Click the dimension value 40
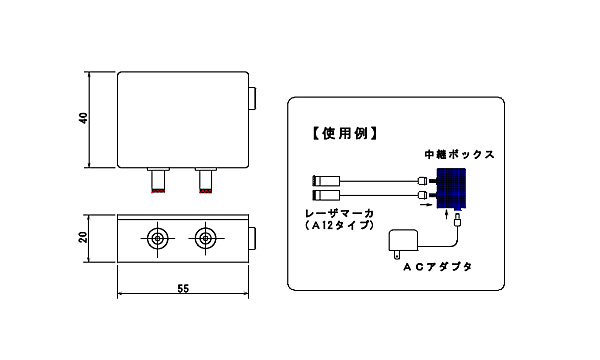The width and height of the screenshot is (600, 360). click(x=84, y=118)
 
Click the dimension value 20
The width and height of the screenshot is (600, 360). click(x=83, y=237)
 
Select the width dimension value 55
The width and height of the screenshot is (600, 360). click(x=183, y=289)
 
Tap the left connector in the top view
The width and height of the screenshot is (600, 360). click(x=158, y=180)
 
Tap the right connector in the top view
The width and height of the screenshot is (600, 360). click(x=206, y=180)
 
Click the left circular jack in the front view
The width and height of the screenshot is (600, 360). click(x=157, y=239)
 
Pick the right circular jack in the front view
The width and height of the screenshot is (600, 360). click(x=205, y=239)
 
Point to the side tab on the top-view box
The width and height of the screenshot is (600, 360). click(x=252, y=99)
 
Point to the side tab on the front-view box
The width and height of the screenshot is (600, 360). click(x=252, y=238)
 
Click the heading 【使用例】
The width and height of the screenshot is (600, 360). click(x=345, y=134)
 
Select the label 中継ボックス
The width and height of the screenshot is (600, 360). click(x=459, y=155)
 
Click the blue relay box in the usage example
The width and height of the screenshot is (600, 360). click(x=451, y=189)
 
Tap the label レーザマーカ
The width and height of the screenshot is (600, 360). click(x=339, y=213)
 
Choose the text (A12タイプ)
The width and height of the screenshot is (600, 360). click(x=339, y=226)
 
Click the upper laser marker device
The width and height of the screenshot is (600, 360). click(x=326, y=181)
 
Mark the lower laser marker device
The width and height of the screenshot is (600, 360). click(x=326, y=195)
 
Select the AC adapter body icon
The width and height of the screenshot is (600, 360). click(x=403, y=243)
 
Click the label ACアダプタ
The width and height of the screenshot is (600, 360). click(x=437, y=267)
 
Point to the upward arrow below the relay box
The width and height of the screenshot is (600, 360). click(x=446, y=214)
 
